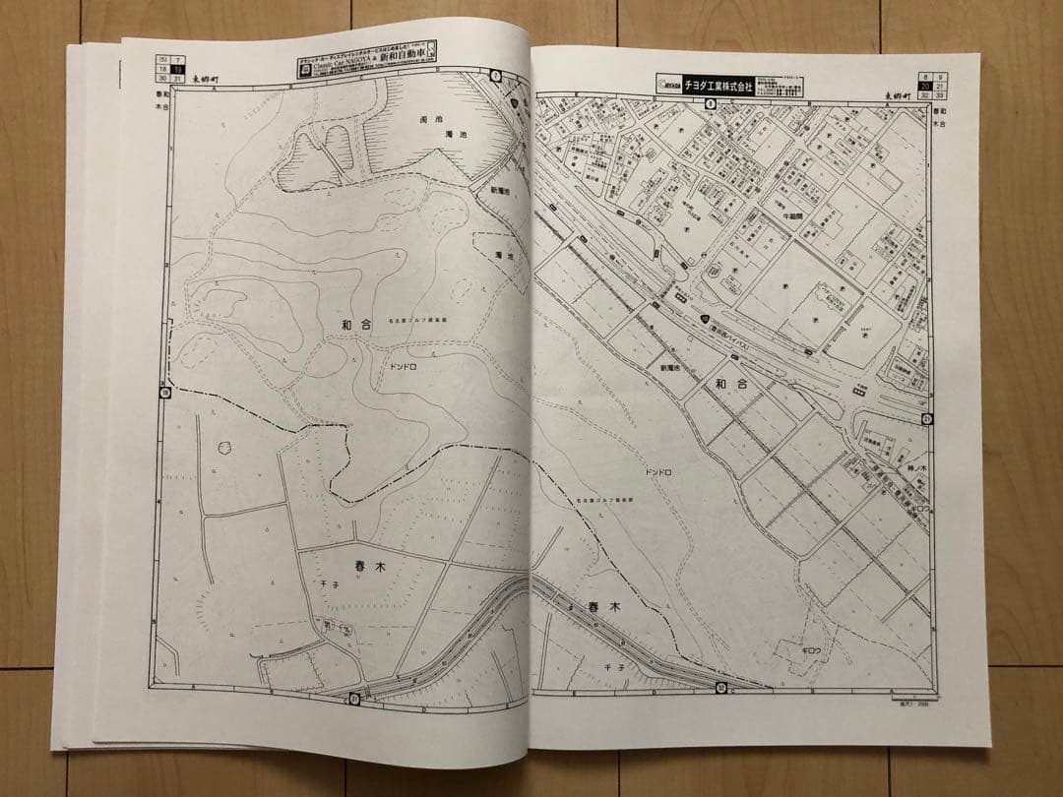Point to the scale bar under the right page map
914,703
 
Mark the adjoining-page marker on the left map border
164,394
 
